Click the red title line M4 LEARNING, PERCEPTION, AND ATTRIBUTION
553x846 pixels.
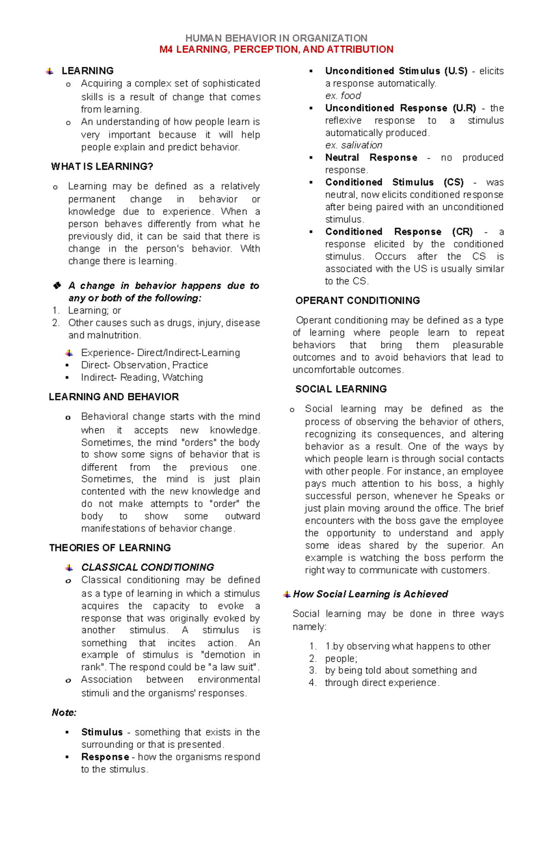tap(276, 49)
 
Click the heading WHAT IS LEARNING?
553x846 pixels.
tap(102, 166)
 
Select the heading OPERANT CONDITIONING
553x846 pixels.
tap(357, 301)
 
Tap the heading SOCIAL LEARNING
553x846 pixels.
tap(341, 389)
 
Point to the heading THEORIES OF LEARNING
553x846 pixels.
tap(110, 548)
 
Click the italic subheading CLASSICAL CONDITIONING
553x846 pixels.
tap(147, 567)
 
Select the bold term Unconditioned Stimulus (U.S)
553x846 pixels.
tap(396, 71)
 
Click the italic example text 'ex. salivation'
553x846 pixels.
tap(353, 145)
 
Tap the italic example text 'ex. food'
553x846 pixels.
tap(343, 96)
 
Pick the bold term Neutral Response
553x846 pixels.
tap(371, 158)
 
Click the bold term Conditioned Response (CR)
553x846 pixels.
tap(399, 232)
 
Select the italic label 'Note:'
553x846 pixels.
tap(64, 712)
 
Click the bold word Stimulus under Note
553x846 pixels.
tap(102, 732)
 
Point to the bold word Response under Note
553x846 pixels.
tap(105, 757)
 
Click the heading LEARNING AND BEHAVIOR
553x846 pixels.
tap(113, 397)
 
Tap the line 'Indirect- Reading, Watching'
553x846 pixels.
tap(141, 378)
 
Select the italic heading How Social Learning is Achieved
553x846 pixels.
tap(370, 594)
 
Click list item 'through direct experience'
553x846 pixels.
tap(382, 683)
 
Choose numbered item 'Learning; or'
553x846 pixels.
tap(94, 311)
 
